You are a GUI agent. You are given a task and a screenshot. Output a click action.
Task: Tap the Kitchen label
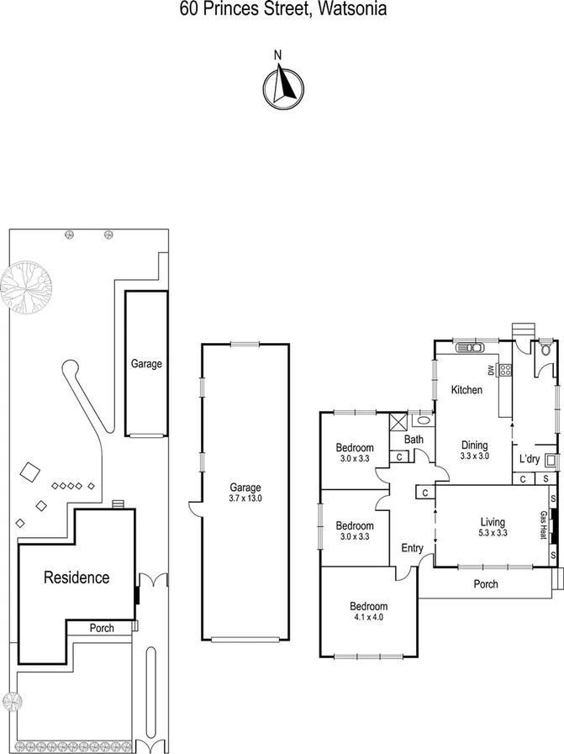pos(466,390)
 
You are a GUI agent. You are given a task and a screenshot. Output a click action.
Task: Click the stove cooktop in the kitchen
pos(506,369)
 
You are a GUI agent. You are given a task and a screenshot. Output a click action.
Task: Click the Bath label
pos(413,440)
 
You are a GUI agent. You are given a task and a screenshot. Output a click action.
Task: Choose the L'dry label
pos(530,459)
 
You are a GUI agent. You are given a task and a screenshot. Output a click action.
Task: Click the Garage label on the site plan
pos(146,364)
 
